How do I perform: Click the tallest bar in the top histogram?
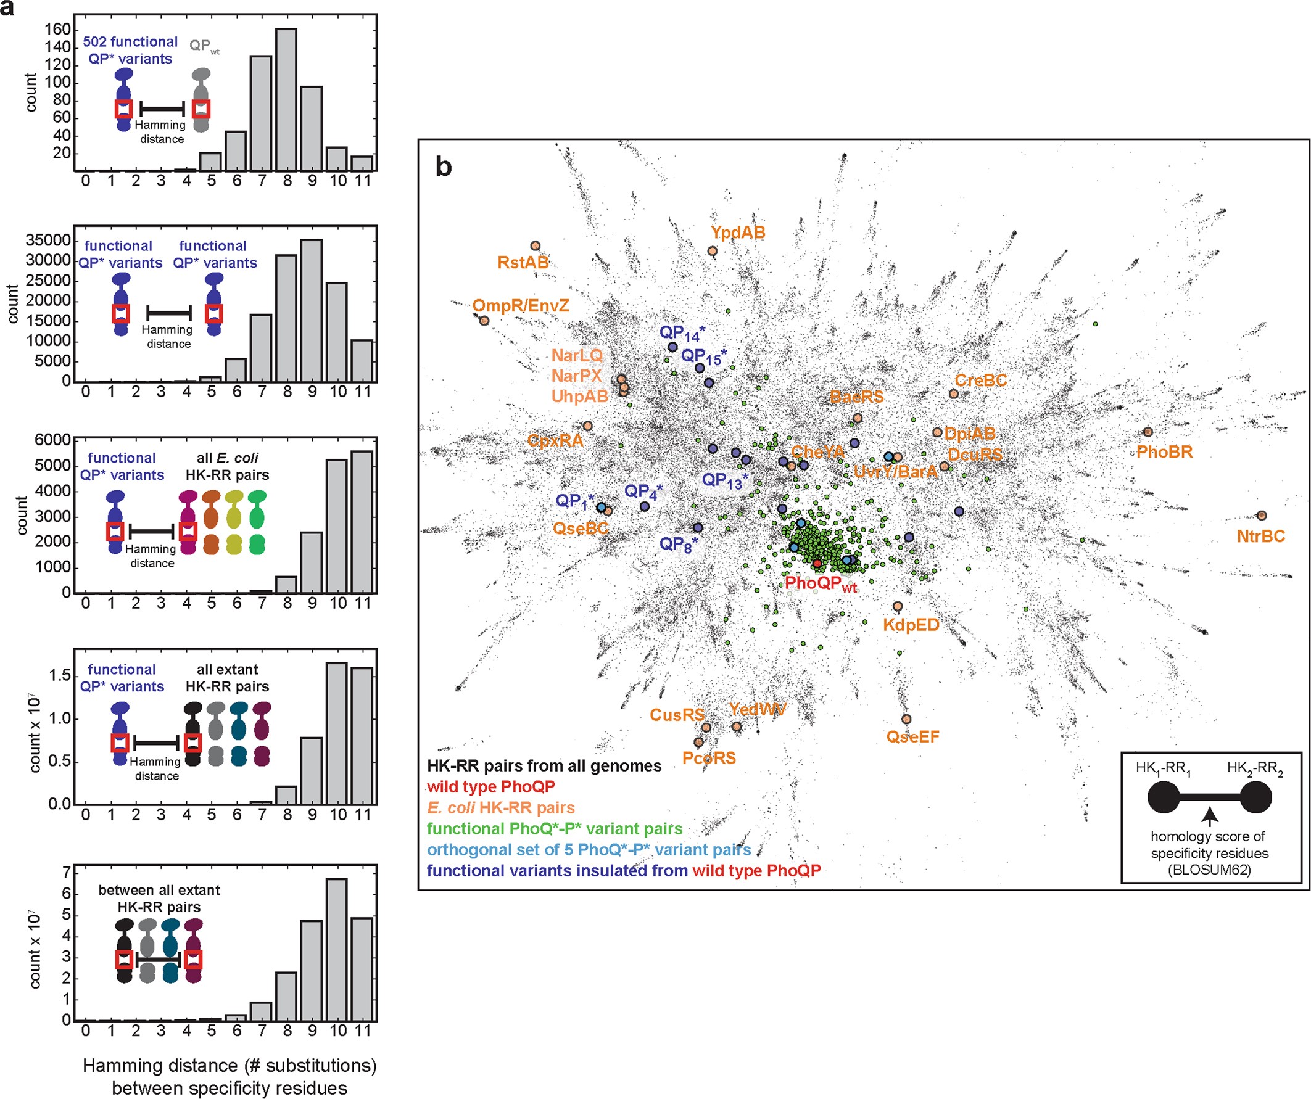(286, 100)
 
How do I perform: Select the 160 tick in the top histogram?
(57, 30)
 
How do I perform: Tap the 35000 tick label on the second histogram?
(48, 241)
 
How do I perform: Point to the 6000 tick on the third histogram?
(52, 440)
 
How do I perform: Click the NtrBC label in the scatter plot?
(1260, 536)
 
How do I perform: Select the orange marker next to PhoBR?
(1148, 432)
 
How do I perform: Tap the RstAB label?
(523, 263)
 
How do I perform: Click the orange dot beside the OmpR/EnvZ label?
(484, 321)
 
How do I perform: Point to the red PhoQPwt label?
(821, 583)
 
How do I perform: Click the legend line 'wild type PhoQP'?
(490, 786)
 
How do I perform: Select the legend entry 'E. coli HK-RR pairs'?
(501, 807)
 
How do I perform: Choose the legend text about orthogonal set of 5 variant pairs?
(589, 849)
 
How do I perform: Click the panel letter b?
(443, 167)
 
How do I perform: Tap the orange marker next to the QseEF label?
(906, 720)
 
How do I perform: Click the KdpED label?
(910, 625)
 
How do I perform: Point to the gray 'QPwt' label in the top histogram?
(204, 46)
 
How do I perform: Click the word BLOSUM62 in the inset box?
(1209, 870)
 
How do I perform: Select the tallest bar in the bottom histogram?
(336, 949)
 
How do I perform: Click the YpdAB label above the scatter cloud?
(738, 233)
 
